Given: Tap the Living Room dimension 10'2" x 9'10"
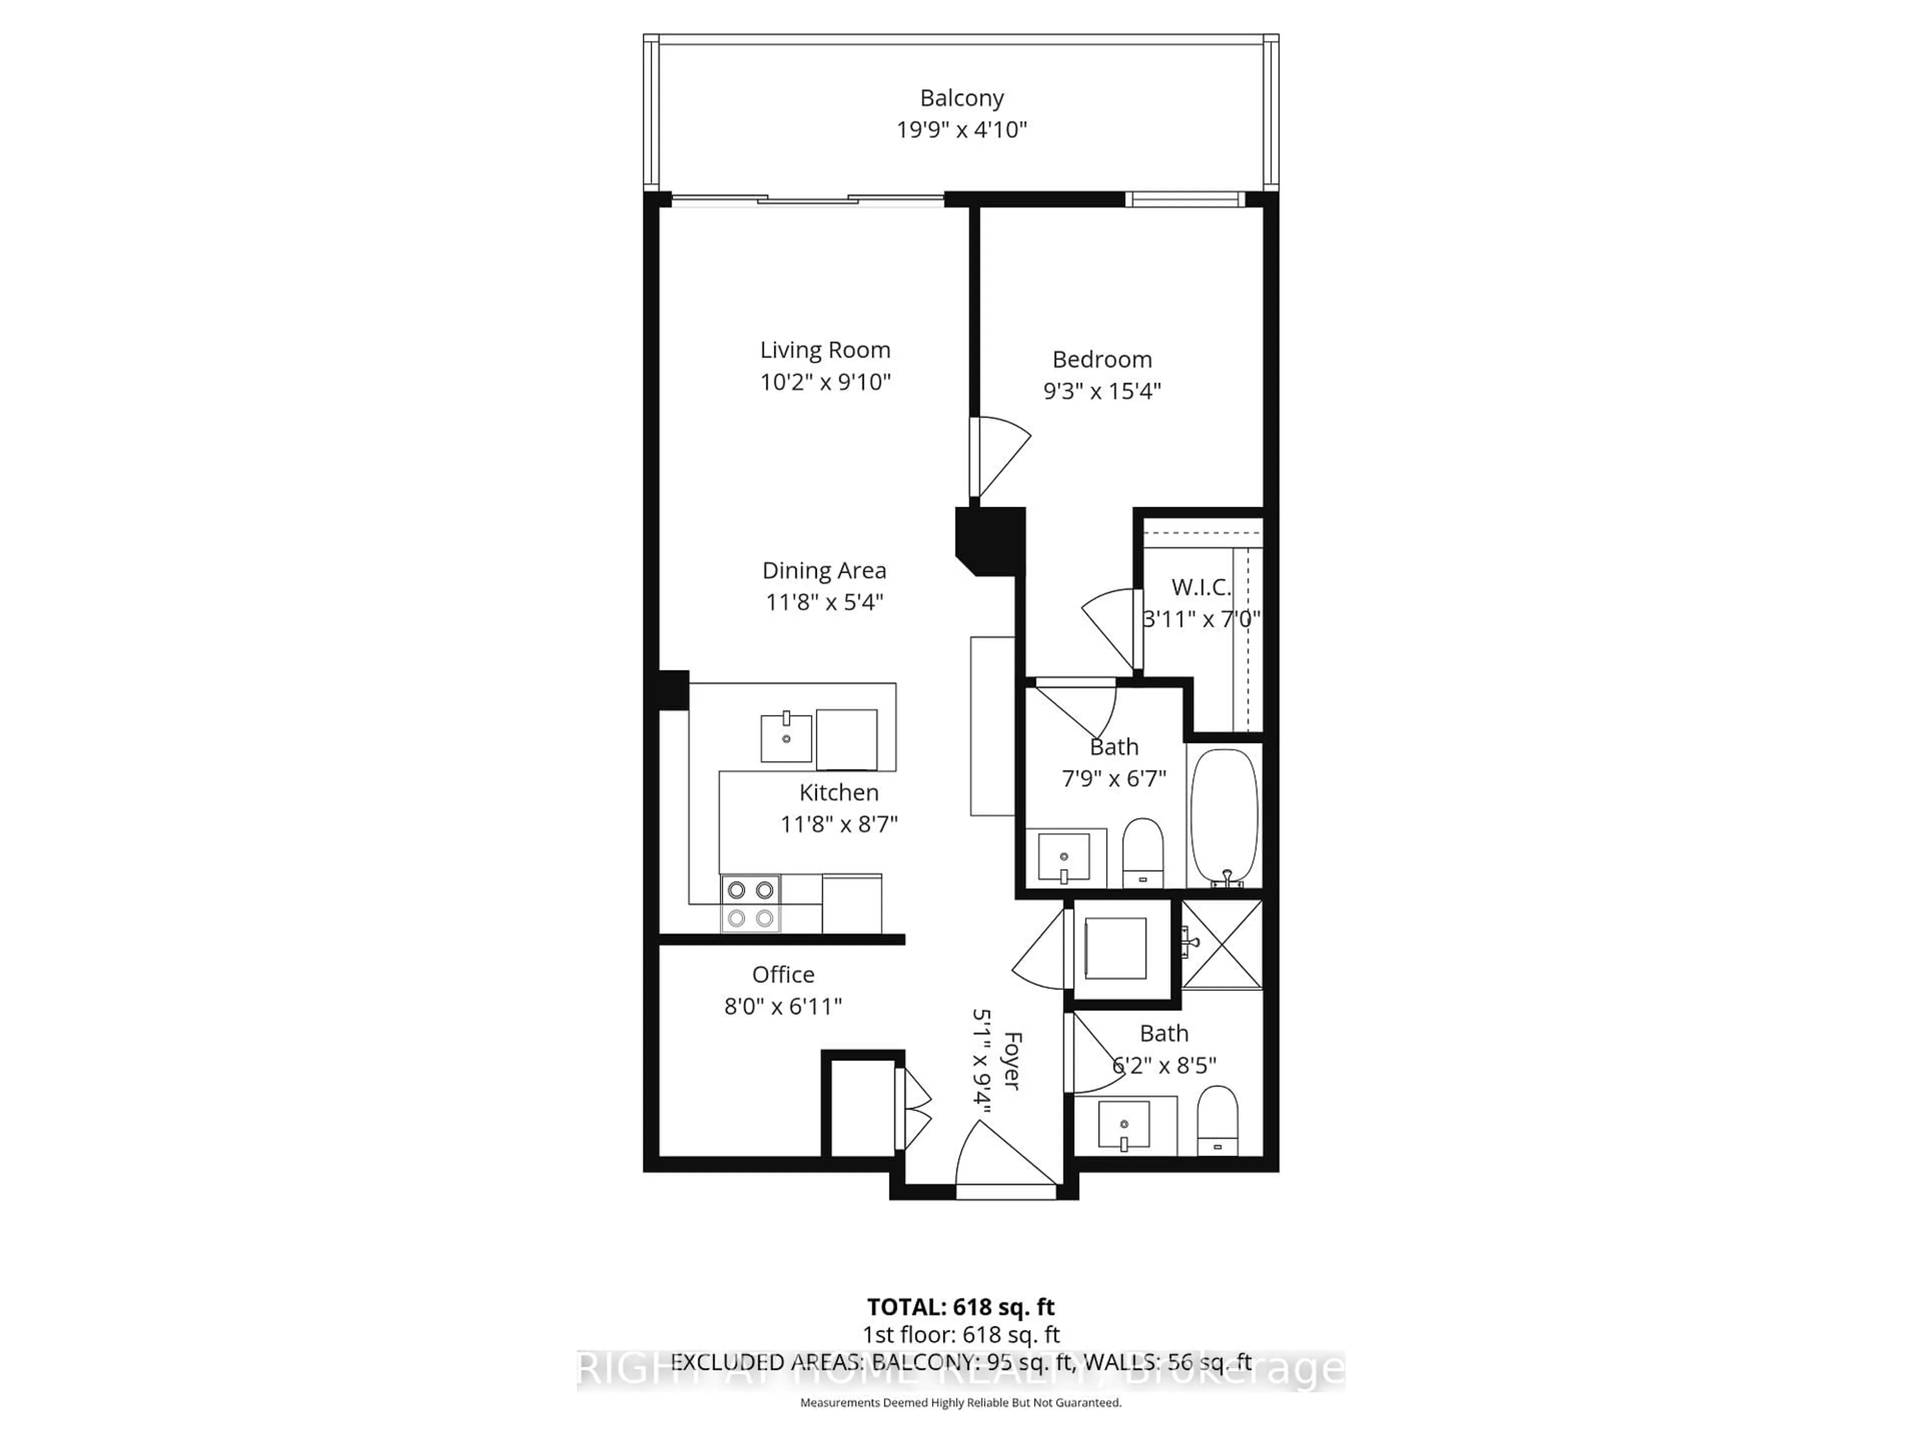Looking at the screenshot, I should [825, 382].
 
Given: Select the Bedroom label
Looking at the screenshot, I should [1102, 359].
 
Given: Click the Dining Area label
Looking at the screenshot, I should [824, 570].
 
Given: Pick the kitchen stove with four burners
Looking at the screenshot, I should [750, 904].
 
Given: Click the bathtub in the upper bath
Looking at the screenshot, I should [1223, 817].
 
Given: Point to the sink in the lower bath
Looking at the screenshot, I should [1124, 1125].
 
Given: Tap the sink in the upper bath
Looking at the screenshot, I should [1064, 858].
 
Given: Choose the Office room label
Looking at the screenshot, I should [783, 974].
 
